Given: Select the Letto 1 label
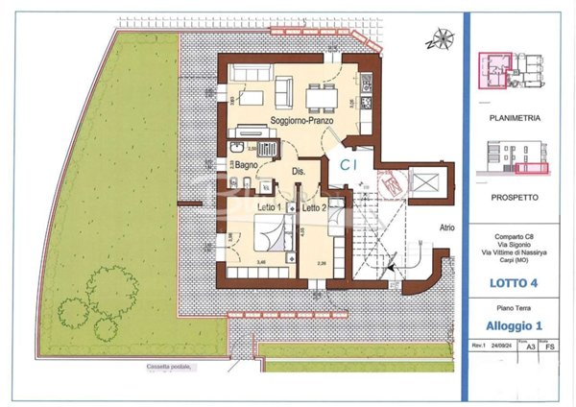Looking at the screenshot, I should click(270, 206).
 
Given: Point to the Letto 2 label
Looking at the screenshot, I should click(315, 206).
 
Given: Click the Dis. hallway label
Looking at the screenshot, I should click(299, 171).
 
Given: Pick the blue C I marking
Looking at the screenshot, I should click(349, 165).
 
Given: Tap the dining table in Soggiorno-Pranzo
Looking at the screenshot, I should click(318, 95).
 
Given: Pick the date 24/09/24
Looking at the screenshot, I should click(501, 346).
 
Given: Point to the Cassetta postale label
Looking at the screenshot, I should click(169, 367).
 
